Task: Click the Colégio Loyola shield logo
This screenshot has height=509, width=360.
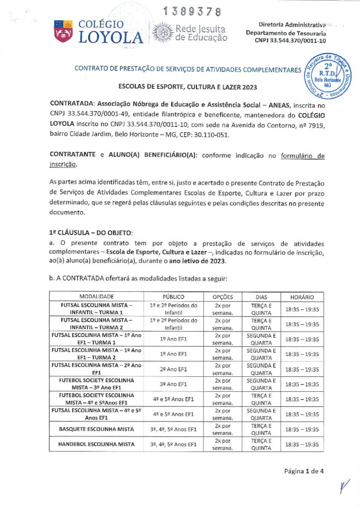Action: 63,31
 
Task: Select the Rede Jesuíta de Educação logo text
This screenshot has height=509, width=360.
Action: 201,33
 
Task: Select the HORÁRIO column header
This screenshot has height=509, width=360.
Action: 302,296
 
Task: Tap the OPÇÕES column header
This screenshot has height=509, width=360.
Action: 223,296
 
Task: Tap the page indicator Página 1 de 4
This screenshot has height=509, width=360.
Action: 304,471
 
